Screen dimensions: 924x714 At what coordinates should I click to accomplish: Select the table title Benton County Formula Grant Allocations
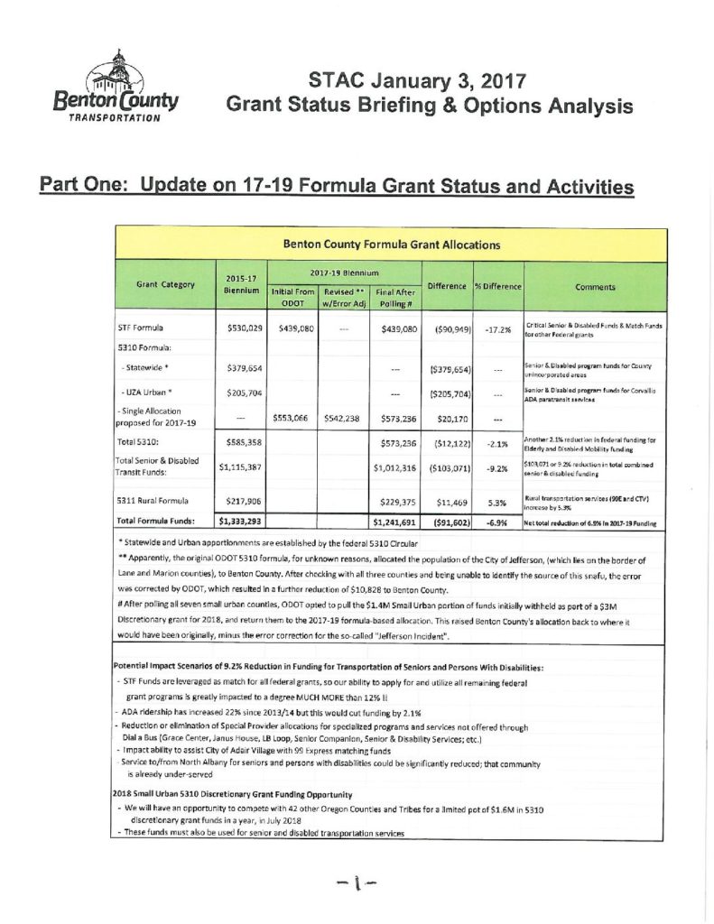pyautogui.click(x=391, y=244)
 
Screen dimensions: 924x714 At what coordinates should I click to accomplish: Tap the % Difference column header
pyautogui.click(x=497, y=286)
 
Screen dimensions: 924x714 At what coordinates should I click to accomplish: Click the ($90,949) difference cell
pyautogui.click(x=447, y=328)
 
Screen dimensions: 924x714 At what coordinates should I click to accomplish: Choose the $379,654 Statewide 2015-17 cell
pyautogui.click(x=239, y=368)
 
